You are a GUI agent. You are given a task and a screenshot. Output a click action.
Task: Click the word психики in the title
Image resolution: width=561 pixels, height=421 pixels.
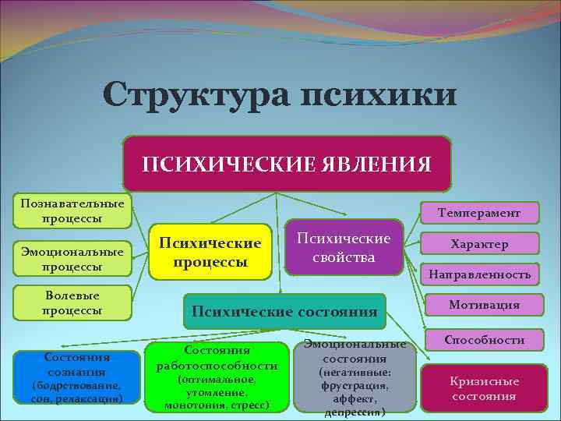pyautogui.click(x=376, y=96)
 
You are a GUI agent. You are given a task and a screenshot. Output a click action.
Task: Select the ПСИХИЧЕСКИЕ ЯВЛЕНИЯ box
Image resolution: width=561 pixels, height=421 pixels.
pyautogui.click(x=286, y=164)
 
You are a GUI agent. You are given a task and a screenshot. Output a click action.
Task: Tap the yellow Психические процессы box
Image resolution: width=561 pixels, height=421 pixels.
pyautogui.click(x=210, y=251)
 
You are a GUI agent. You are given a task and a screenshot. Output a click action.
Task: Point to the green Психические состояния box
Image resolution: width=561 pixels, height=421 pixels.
pyautogui.click(x=284, y=311)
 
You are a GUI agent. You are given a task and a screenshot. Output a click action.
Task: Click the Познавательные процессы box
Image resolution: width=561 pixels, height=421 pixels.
pyautogui.click(x=72, y=210)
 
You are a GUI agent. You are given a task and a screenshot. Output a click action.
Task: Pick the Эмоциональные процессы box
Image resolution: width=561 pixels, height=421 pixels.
pyautogui.click(x=72, y=260)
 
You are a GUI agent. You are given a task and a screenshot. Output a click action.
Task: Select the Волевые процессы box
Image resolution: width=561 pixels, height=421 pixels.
pyautogui.click(x=72, y=304)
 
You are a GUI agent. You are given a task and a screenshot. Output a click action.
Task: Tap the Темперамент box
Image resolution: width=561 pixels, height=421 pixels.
pyautogui.click(x=479, y=212)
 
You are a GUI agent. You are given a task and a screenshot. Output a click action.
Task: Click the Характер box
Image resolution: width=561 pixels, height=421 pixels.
pyautogui.click(x=479, y=243)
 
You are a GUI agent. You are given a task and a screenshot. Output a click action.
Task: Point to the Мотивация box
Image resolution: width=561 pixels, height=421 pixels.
pyautogui.click(x=484, y=305)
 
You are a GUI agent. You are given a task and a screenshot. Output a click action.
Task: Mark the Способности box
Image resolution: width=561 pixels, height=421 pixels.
pyautogui.click(x=484, y=339)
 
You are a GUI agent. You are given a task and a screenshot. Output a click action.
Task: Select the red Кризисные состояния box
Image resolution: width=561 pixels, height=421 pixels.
pyautogui.click(x=483, y=387)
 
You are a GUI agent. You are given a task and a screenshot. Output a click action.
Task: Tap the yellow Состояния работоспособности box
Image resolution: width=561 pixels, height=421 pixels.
pyautogui.click(x=217, y=377)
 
